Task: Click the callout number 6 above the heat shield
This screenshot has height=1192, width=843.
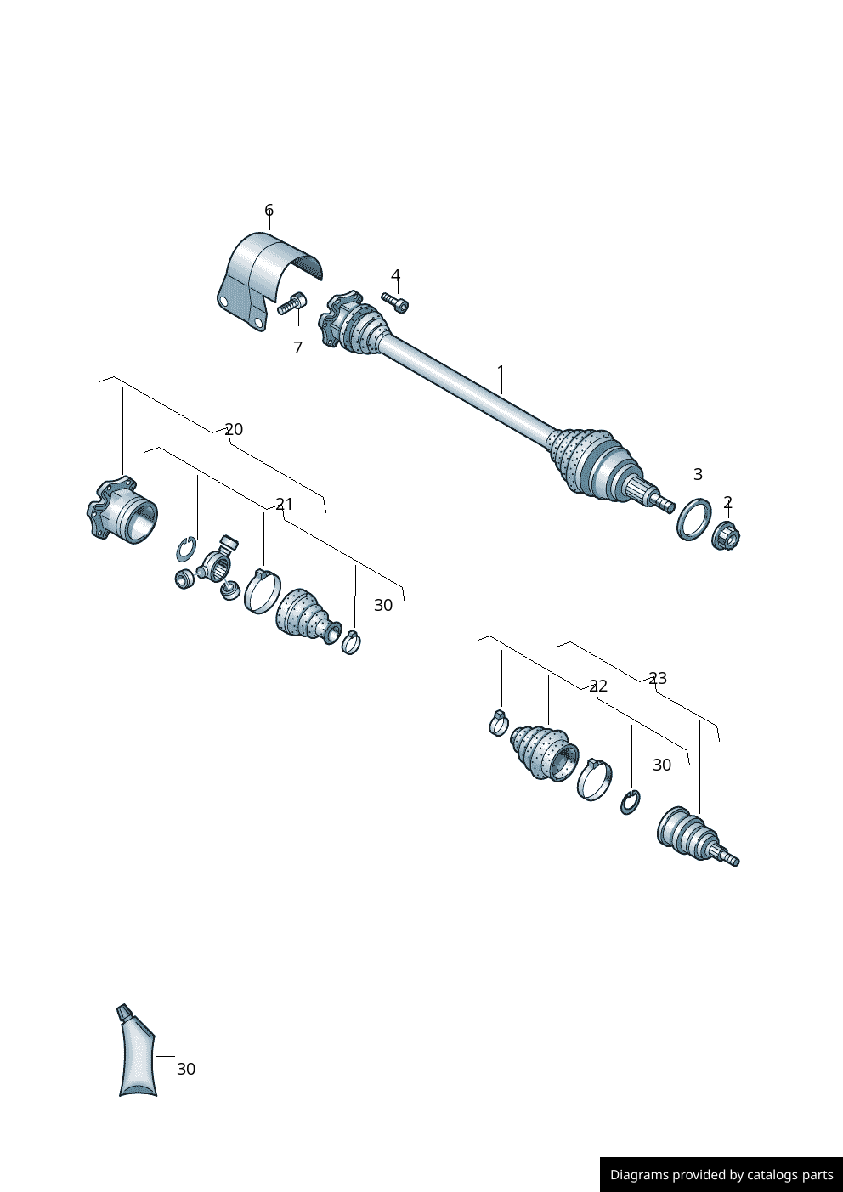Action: click(269, 211)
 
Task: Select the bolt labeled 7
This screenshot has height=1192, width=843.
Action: click(291, 303)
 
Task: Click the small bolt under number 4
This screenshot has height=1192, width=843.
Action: click(395, 302)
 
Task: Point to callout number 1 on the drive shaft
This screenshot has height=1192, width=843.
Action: click(501, 371)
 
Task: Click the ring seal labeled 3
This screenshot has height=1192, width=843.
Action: click(693, 519)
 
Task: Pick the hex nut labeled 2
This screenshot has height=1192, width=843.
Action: click(726, 536)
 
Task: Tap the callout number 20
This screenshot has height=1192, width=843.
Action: click(234, 429)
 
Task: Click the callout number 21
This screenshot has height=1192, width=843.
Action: click(284, 505)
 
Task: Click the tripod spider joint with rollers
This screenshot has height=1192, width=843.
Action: click(218, 564)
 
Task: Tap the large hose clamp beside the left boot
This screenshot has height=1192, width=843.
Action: click(262, 590)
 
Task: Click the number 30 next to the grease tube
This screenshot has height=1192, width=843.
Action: click(186, 1069)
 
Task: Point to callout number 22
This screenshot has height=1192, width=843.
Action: click(598, 686)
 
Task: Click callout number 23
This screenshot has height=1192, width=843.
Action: click(658, 678)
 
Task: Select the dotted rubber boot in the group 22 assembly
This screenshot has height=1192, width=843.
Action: click(544, 752)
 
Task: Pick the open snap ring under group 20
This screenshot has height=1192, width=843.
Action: click(186, 550)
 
